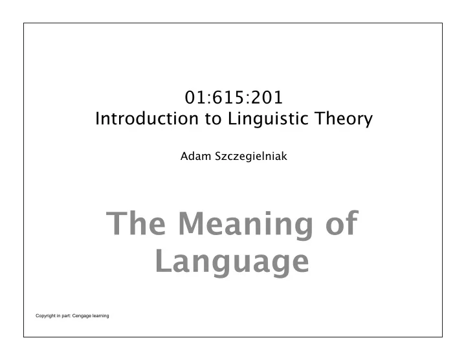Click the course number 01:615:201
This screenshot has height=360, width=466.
(234, 97)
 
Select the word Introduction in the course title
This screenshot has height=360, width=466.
(147, 118)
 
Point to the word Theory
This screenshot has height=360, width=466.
(344, 119)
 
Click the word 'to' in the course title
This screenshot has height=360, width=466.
(213, 119)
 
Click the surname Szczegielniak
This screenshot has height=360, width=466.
(251, 156)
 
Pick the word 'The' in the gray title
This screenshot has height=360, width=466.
(136, 223)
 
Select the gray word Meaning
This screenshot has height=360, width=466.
(245, 225)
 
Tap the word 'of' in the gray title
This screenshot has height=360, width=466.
(342, 223)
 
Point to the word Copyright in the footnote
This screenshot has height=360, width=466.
(45, 316)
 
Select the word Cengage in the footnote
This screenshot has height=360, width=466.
(82, 316)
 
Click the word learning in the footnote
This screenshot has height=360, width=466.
(100, 316)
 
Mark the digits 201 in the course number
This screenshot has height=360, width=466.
(267, 97)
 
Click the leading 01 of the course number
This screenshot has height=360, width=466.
(195, 97)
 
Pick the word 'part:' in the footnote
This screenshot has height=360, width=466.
(66, 316)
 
